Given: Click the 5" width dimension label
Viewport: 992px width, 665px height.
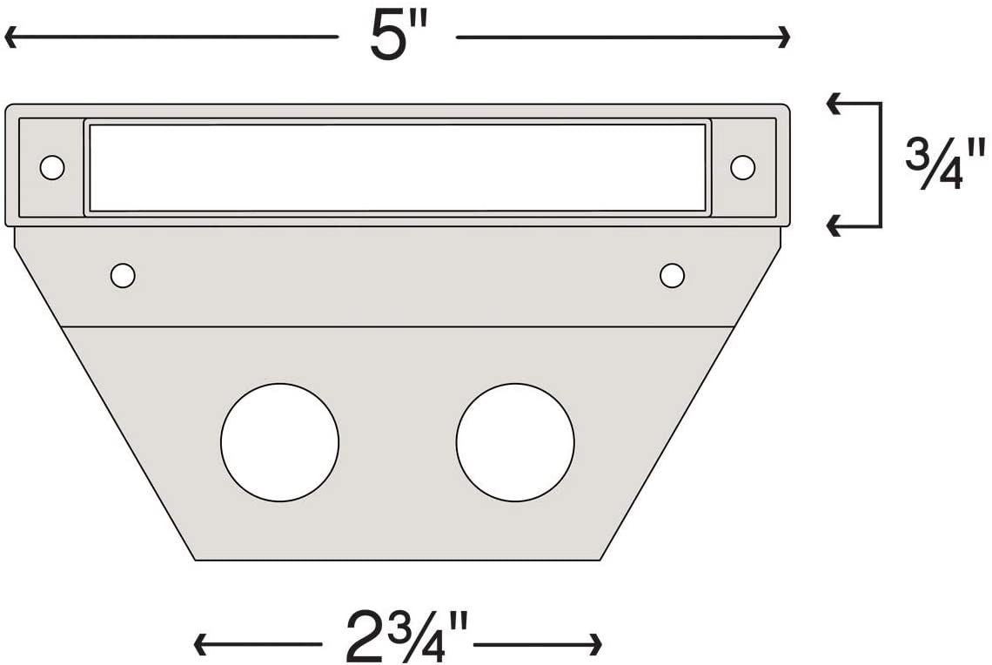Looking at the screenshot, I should (x=396, y=37).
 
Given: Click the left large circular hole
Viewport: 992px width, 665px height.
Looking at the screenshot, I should (x=279, y=442).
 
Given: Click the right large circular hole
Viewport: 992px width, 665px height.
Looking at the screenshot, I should (x=515, y=442).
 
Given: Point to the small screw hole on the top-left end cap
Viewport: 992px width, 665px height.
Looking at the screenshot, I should (x=52, y=167).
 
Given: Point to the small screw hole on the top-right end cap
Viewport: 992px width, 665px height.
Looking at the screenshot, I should (x=742, y=167).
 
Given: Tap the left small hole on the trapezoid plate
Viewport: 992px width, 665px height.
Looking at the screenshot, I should (x=123, y=276).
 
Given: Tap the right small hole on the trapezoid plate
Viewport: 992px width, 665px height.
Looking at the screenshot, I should (x=672, y=276).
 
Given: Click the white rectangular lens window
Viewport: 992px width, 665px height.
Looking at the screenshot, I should (x=397, y=167).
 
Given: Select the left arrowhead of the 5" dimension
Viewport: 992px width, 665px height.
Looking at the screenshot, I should (x=10, y=37).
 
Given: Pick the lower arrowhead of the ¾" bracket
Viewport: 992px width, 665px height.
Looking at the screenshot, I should (x=832, y=226).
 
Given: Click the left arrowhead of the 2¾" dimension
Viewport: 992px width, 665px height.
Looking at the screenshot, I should (x=198, y=645).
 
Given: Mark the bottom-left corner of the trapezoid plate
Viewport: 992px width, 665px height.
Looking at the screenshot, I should (x=195, y=560).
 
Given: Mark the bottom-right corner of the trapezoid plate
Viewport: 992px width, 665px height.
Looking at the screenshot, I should (x=600, y=560).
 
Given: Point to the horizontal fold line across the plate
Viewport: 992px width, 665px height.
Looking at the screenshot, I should (x=398, y=326).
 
